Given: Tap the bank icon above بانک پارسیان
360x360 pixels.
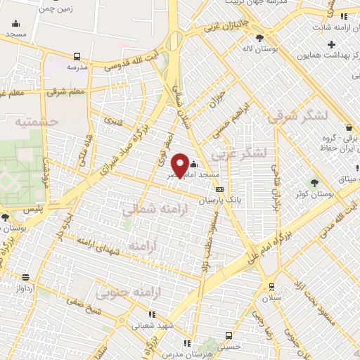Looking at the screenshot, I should (x=220, y=189).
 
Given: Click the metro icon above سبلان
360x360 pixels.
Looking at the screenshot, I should (x=271, y=286).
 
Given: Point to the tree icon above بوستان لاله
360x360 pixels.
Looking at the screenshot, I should (x=260, y=38).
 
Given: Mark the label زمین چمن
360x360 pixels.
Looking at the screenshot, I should (x=57, y=8).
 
